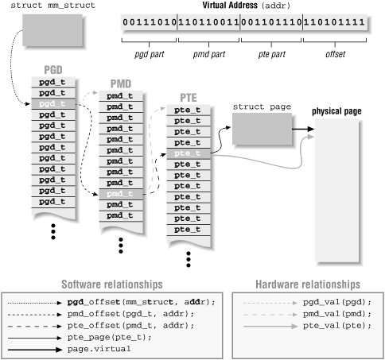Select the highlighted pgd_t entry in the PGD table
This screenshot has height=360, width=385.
coord(54,103)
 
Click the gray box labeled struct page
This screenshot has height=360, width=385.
coord(257,128)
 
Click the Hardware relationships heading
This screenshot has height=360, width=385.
coord(307,285)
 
